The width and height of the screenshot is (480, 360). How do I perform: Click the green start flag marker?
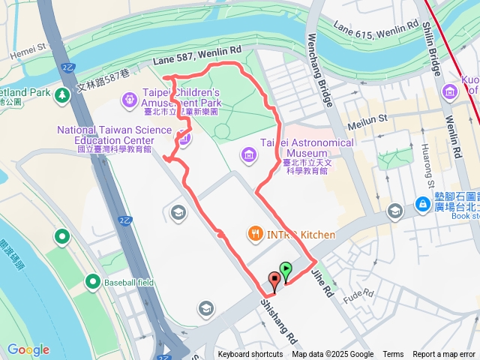point(286,269)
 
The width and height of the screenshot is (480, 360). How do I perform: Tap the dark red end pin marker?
point(274,283)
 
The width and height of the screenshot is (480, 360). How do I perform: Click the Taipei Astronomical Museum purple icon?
point(249,155)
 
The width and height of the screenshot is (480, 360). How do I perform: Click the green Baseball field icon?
point(93,281)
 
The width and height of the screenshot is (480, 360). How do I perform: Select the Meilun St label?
point(366,118)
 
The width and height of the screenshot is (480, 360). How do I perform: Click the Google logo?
point(28,349)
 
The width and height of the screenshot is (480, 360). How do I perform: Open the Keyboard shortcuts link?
point(250,355)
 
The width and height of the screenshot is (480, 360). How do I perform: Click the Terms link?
point(393,355)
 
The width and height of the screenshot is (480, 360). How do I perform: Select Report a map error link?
point(445,355)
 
